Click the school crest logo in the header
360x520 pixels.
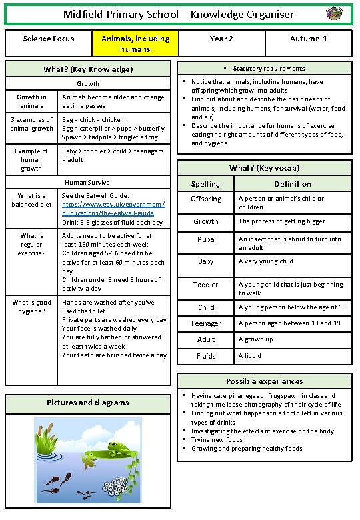click(334, 13)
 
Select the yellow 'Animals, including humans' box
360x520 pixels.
click(135, 44)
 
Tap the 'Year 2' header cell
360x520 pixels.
click(221, 39)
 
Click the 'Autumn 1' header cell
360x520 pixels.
click(308, 39)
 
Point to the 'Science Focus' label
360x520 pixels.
click(48, 39)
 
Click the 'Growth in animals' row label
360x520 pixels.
click(31, 101)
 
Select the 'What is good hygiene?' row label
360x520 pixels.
click(31, 307)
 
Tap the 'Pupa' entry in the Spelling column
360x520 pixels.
click(205, 239)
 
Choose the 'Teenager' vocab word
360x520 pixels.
click(205, 323)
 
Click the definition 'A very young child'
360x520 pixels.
click(266, 261)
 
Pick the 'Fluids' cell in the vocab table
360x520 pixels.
click(205, 356)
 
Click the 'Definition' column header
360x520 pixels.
click(292, 184)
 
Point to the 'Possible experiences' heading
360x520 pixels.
click(264, 381)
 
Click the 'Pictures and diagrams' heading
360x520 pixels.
click(88, 403)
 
